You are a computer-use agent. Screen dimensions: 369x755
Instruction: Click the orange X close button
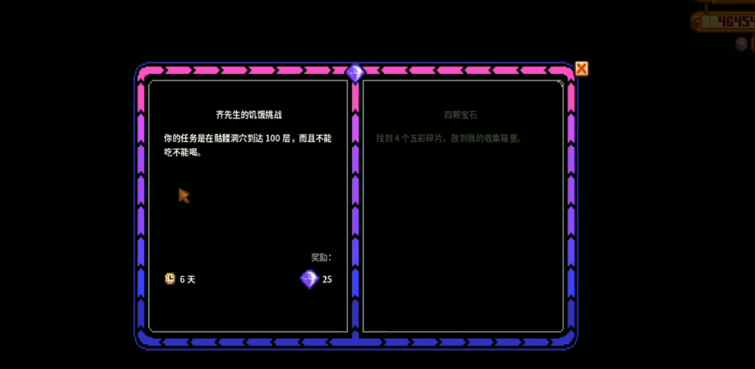581,68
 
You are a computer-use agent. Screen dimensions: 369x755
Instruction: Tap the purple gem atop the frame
355,72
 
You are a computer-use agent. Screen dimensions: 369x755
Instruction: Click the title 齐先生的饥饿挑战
248,115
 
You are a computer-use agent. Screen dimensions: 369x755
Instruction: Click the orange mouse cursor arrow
183,195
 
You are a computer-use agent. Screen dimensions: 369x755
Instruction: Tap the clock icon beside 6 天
169,279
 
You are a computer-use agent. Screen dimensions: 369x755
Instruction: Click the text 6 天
188,279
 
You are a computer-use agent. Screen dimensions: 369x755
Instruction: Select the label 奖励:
321,257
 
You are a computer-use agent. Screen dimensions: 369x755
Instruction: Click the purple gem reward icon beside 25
309,279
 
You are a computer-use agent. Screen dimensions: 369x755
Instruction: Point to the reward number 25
327,279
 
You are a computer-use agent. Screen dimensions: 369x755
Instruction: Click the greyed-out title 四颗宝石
461,115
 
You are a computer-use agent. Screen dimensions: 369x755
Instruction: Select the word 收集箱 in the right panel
502,139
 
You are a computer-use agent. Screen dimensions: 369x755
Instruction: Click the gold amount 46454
735,22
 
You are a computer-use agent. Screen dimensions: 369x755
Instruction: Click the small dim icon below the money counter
741,44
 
